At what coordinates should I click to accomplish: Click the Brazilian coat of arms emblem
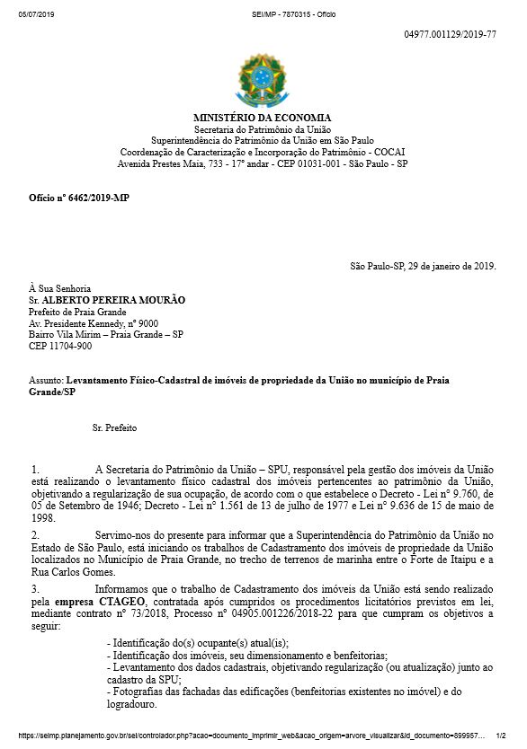263,80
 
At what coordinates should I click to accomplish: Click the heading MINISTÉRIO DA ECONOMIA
263,118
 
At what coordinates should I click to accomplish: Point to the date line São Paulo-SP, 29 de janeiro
423,266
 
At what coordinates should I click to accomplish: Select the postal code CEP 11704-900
60,346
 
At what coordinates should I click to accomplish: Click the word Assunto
46,382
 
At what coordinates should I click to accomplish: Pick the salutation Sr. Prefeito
114,428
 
